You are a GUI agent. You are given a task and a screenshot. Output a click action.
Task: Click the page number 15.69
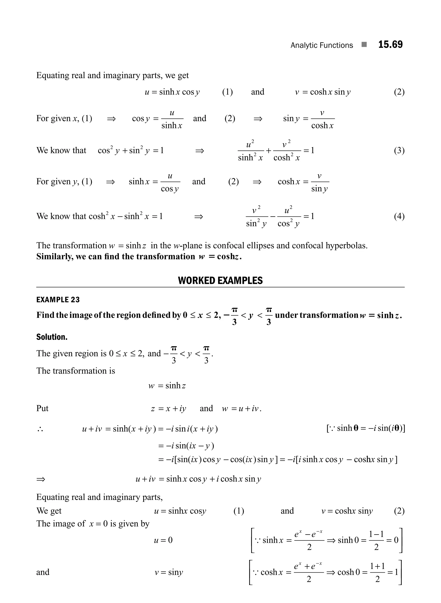pyautogui.click(x=390, y=45)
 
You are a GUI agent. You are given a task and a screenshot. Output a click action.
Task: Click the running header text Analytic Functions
pyautogui.click(x=321, y=45)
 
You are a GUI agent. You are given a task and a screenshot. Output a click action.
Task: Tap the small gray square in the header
pyautogui.click(x=364, y=45)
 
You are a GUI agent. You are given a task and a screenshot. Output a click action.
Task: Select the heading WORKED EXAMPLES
pyautogui.click(x=220, y=280)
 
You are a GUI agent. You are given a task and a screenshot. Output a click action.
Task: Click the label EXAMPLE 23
pyautogui.click(x=58, y=300)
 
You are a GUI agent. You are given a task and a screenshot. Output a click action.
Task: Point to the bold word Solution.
pyautogui.click(x=52, y=337)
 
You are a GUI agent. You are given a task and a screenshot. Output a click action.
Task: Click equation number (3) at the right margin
pyautogui.click(x=399, y=150)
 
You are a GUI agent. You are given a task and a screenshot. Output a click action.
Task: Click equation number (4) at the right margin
pyautogui.click(x=399, y=216)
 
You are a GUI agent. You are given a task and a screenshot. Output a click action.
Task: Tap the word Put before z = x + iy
pyautogui.click(x=42, y=408)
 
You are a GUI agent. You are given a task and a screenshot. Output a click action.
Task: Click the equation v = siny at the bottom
pyautogui.click(x=169, y=572)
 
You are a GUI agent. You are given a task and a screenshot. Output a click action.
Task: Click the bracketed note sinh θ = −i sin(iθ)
pyautogui.click(x=365, y=428)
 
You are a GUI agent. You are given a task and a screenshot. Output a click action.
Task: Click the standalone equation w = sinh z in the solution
pyautogui.click(x=167, y=386)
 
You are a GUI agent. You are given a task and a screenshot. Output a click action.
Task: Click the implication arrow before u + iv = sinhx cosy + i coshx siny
pyautogui.click(x=41, y=479)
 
